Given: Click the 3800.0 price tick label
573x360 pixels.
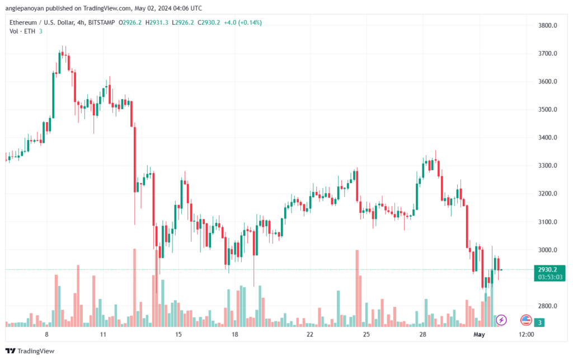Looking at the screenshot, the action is pos(547,25).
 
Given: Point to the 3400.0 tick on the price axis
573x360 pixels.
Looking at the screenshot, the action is pos(547,137).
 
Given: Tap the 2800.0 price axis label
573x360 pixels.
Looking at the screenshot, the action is pos(547,306).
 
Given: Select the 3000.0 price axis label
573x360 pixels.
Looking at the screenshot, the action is pos(547,250).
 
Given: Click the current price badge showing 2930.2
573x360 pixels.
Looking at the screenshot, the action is pos(549,269).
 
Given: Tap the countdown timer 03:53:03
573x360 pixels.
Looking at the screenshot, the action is pos(550,277).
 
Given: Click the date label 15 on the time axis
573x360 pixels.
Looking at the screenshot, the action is pos(179,334).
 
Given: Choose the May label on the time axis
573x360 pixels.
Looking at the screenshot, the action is pos(479,334).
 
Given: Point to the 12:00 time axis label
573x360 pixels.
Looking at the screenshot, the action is pos(526,334).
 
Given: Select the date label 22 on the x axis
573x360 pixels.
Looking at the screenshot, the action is pos(310,334).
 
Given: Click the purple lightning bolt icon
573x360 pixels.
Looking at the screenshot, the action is pos(501,320).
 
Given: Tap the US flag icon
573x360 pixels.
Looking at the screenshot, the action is pos(526,320).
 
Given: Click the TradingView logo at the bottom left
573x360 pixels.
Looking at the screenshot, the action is pos(30,351).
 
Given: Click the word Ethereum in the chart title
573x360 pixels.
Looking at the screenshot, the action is pos(22,22).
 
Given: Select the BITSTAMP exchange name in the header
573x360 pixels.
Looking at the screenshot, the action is pos(102,22).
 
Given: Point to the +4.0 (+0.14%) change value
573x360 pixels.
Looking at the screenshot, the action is pos(243,22).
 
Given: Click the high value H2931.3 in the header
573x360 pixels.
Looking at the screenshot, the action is pos(157,22).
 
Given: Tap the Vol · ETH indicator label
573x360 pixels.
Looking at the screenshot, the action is pos(22,31).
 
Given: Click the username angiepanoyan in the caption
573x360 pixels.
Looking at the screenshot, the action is pos(25,8).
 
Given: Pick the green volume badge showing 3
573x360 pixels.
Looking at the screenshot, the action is pos(539,322).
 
